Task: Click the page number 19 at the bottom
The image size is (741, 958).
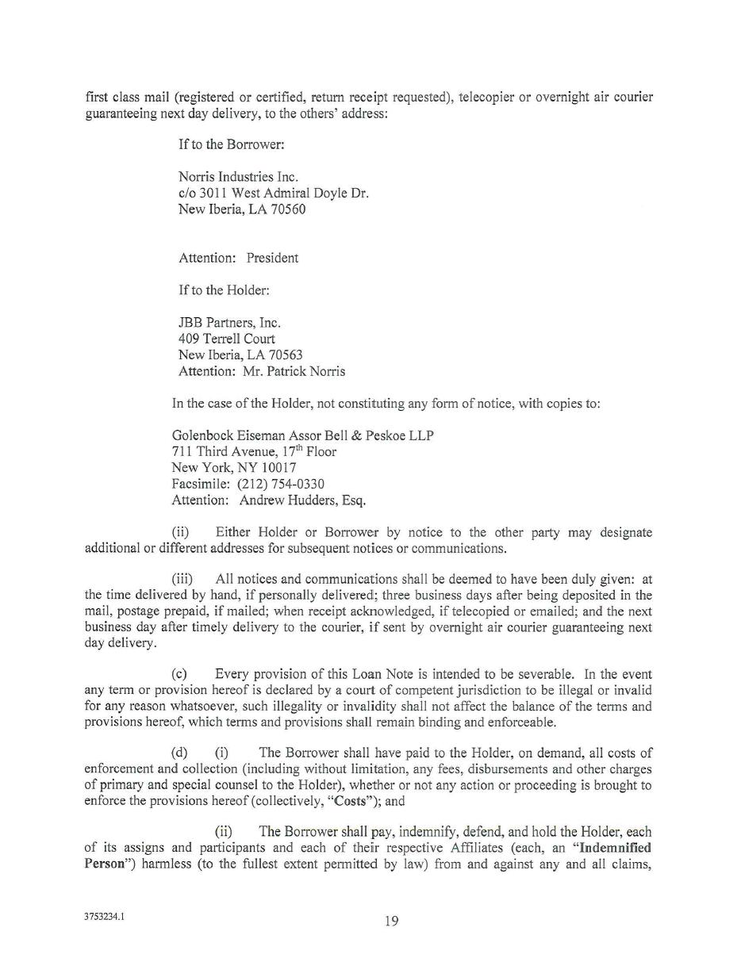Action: (391, 921)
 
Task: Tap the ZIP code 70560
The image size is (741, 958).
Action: (290, 209)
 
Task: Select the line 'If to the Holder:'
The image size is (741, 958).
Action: (224, 290)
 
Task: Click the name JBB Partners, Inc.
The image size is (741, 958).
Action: (229, 323)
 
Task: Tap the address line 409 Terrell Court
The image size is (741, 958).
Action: (226, 339)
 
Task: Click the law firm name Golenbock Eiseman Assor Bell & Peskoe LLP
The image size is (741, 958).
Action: (302, 435)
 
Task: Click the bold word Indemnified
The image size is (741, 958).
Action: (610, 848)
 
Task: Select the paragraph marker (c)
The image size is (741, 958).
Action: (179, 674)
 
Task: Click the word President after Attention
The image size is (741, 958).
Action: (272, 258)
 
